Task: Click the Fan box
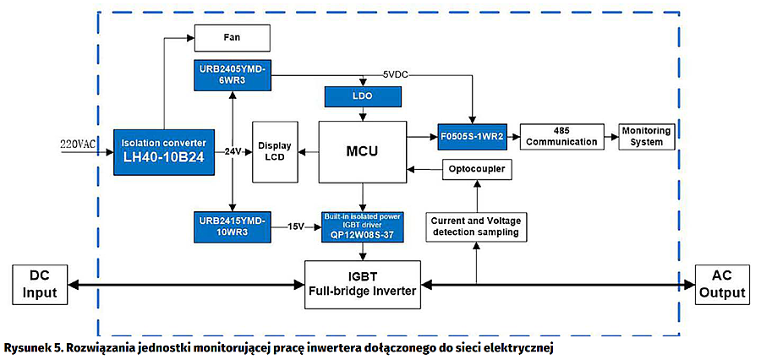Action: click(233, 38)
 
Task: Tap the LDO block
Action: click(360, 95)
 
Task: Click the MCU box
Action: click(361, 152)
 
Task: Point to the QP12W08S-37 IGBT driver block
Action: click(362, 226)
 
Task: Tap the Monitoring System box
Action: click(646, 135)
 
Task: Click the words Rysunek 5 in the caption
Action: click(30, 348)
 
